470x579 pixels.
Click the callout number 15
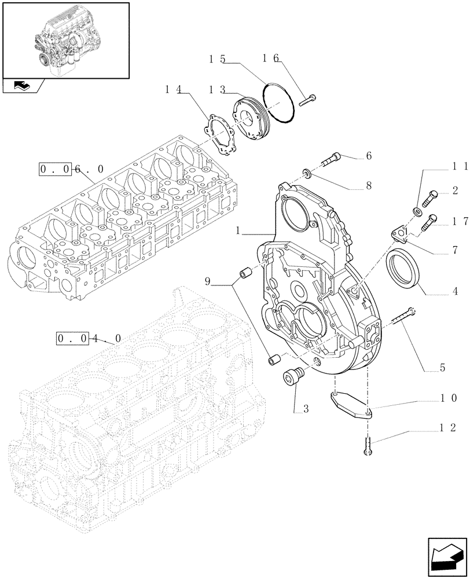pyautogui.click(x=217, y=59)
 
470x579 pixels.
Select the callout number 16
pyautogui.click(x=270, y=58)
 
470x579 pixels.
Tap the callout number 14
pyautogui.click(x=172, y=89)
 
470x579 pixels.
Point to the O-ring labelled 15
pyautogui.click(x=278, y=104)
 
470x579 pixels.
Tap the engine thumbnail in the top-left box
pyautogui.click(x=65, y=39)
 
